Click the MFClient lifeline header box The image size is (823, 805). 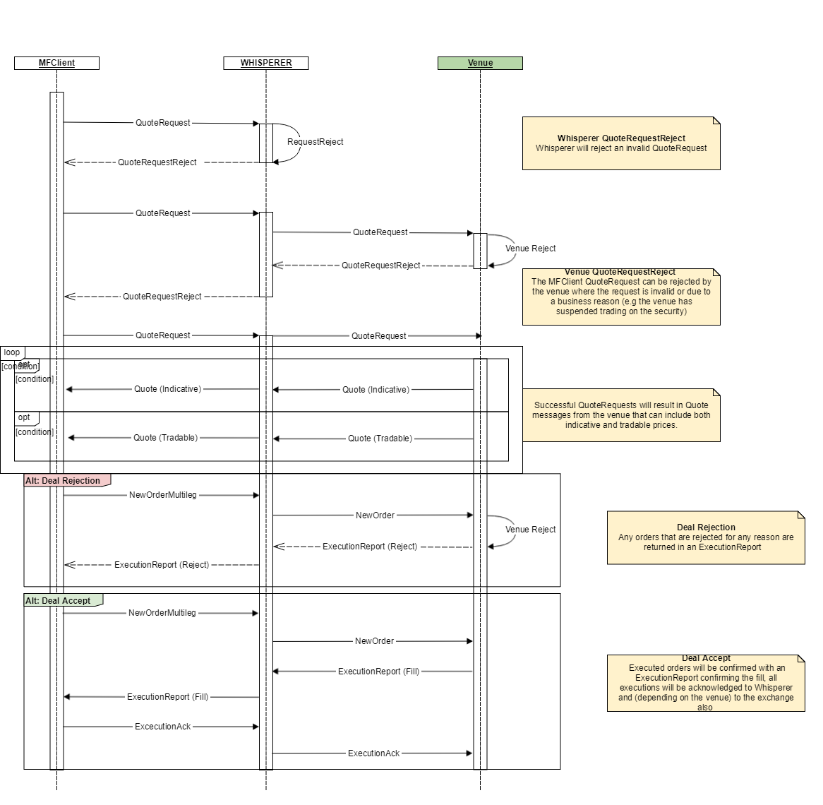click(x=56, y=63)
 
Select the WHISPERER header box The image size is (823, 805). click(x=266, y=63)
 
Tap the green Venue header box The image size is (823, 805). click(x=480, y=63)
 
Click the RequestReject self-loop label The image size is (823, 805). click(x=315, y=142)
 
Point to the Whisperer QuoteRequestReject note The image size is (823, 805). click(x=620, y=143)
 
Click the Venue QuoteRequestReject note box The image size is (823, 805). click(x=620, y=297)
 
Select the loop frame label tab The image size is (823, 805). click(x=12, y=352)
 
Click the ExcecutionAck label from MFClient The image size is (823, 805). click(x=163, y=727)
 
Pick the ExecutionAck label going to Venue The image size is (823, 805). click(x=373, y=753)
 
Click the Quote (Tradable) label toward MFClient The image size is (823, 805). click(x=165, y=438)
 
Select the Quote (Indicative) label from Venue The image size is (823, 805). click(x=376, y=390)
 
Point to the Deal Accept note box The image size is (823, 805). click(x=705, y=683)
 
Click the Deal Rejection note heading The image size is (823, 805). click(x=706, y=527)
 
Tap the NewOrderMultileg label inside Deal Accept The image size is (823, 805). click(x=162, y=613)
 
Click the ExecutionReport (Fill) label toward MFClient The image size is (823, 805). click(x=167, y=697)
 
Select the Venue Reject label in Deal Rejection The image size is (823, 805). click(x=530, y=530)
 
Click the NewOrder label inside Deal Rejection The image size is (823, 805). click(x=375, y=515)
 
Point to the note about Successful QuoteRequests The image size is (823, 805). click(x=620, y=415)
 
